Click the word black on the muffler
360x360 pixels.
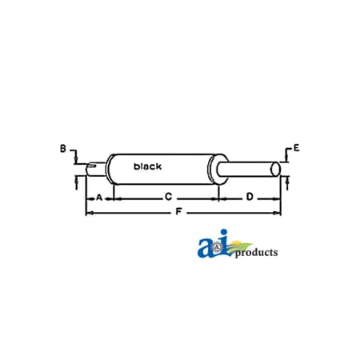tap(147, 166)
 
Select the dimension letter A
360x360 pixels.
tap(99, 196)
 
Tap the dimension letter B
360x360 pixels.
tap(62, 148)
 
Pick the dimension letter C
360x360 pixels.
tap(168, 196)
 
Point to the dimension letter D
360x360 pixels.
tap(250, 196)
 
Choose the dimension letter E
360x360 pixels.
tap(297, 148)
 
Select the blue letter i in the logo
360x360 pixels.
tap(224, 244)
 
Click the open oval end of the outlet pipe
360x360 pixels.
tap(276, 169)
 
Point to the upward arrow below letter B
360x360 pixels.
tap(75, 183)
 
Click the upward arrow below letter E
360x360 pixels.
tap(284, 185)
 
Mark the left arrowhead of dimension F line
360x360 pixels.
tap(88, 212)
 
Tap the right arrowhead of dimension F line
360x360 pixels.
tap(279, 212)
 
